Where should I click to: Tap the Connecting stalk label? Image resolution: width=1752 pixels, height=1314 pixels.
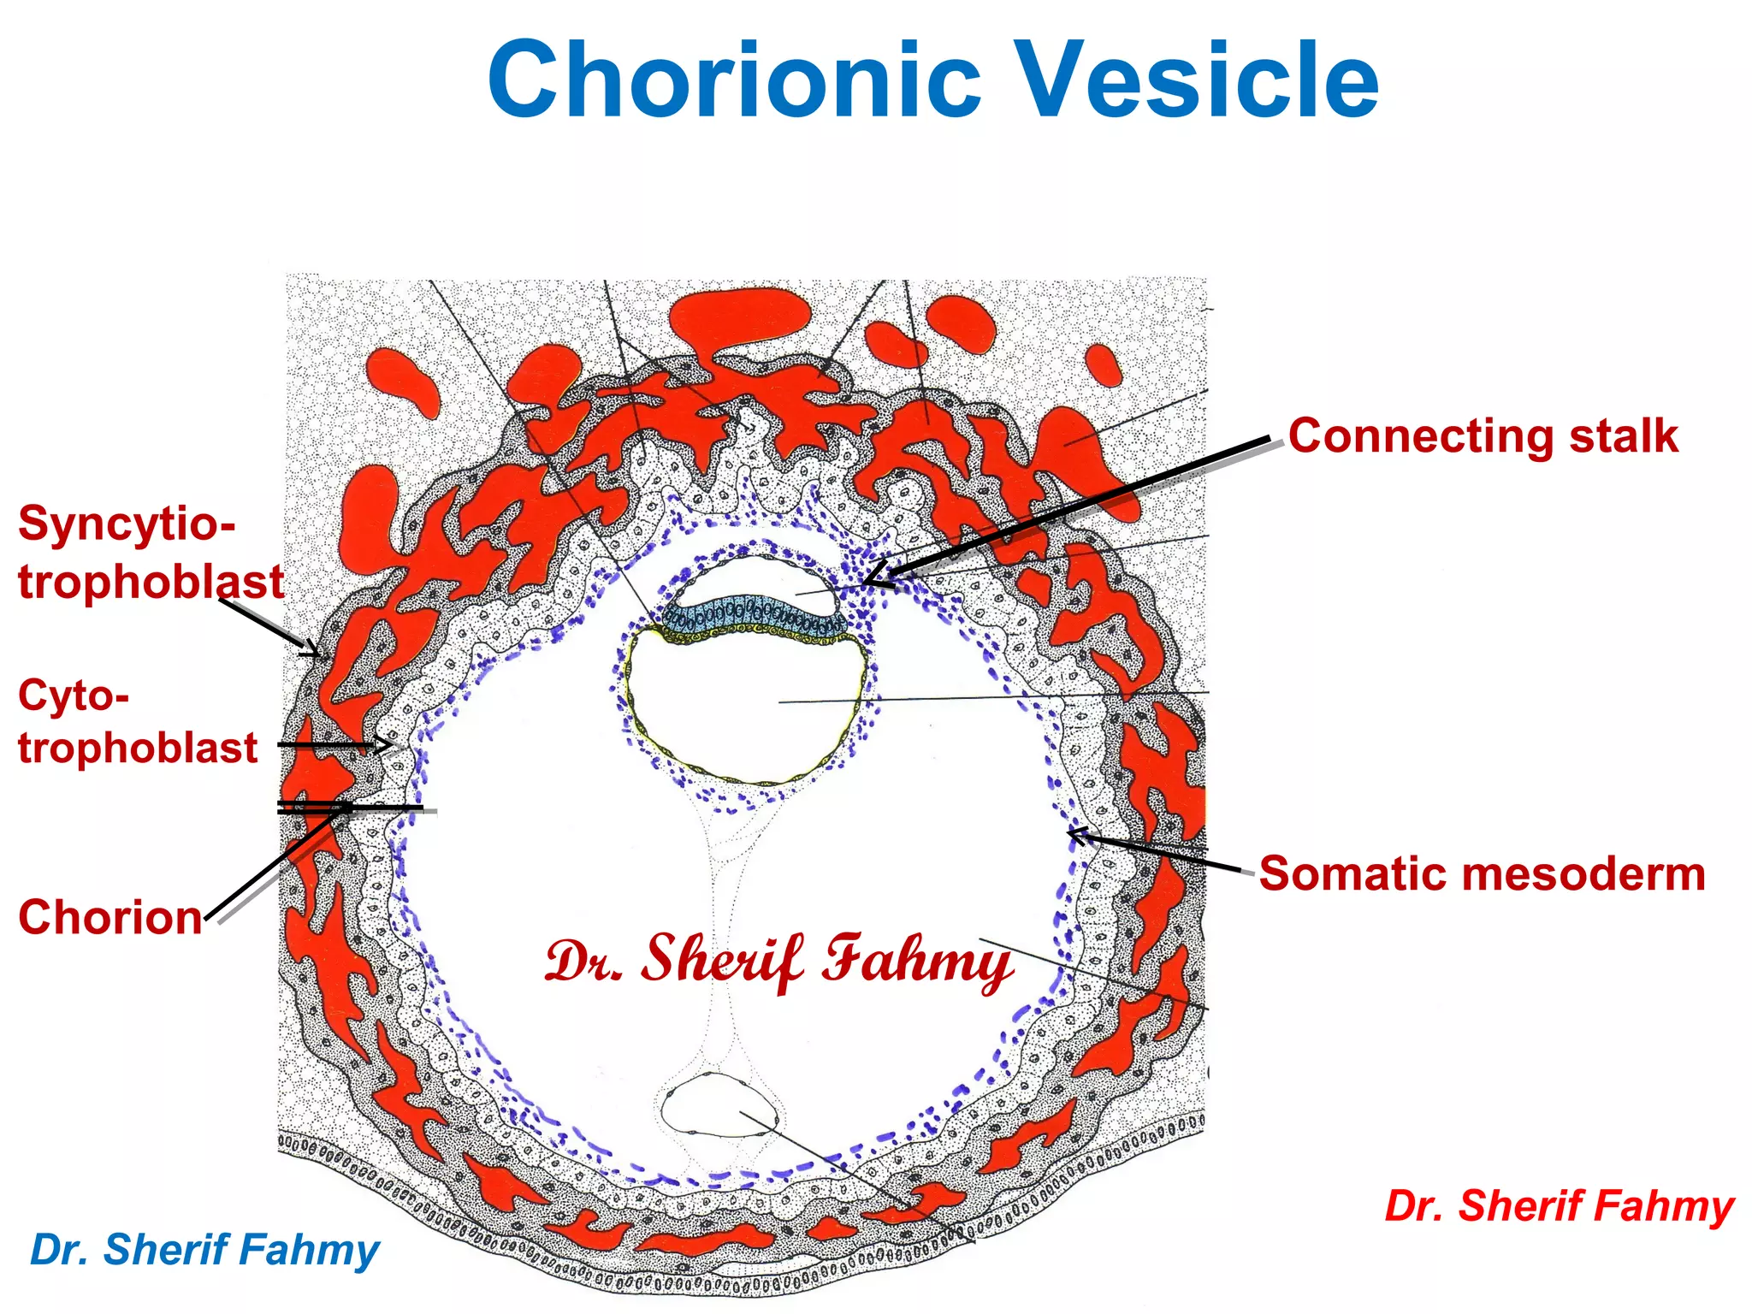1483,436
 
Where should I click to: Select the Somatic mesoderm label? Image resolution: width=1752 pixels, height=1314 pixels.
1482,874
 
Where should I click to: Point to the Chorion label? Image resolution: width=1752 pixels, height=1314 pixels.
110,917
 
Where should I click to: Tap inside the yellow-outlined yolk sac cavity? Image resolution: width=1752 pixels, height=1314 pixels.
744,710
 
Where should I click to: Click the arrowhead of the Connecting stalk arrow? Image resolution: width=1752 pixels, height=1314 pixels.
867,582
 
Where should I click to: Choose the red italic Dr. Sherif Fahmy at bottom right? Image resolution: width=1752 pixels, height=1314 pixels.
1559,1206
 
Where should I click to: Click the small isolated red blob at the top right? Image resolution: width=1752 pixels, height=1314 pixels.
1103,364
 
